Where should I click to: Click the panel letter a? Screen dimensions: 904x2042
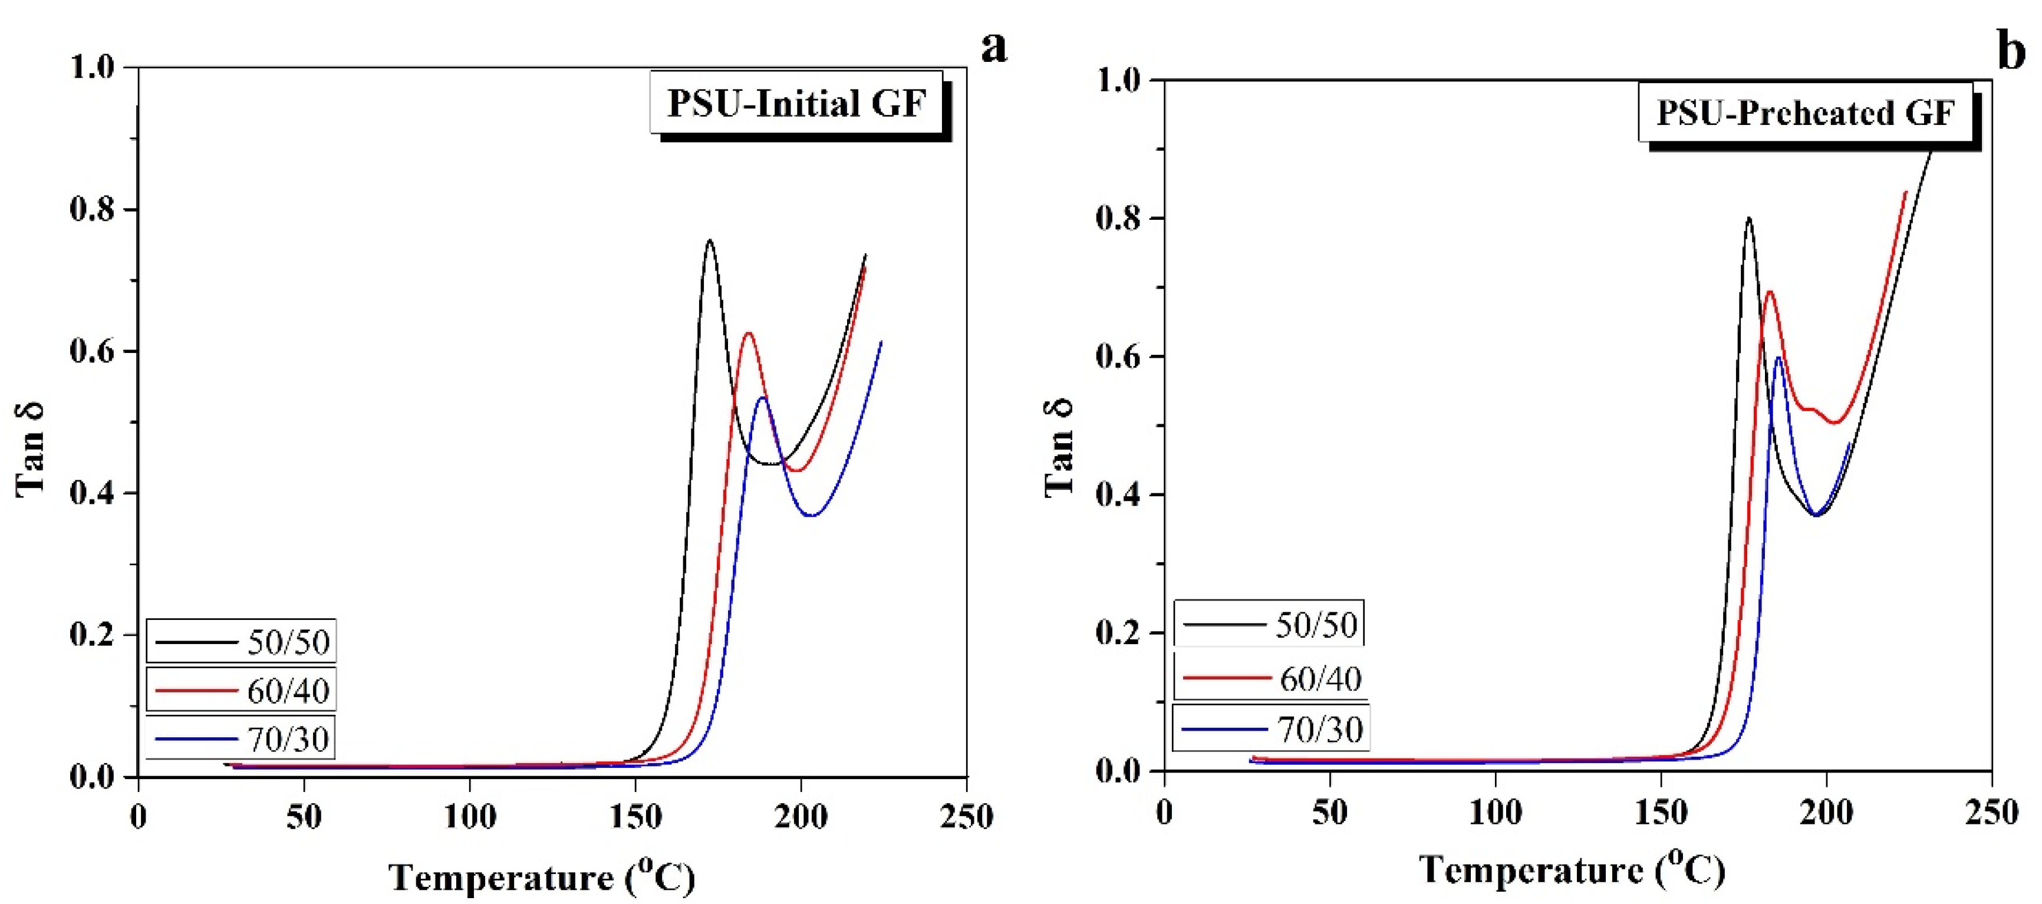[x=993, y=48]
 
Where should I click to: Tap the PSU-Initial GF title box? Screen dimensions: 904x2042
[x=796, y=104]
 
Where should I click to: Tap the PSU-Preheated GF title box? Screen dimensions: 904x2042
[x=1805, y=113]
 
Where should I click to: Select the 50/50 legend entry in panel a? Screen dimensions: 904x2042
[x=241, y=642]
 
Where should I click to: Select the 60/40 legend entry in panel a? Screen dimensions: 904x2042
[x=241, y=691]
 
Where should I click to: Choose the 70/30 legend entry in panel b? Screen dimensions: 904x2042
[x=1271, y=728]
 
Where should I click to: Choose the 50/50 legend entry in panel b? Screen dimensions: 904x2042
[x=1269, y=624]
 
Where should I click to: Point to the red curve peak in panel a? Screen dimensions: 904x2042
[x=747, y=333]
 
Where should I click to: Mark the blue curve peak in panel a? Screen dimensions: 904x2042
[x=763, y=397]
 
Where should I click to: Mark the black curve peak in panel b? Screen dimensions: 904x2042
[x=1748, y=218]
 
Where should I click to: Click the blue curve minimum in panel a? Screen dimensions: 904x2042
[x=810, y=516]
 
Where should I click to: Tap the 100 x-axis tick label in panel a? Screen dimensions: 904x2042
[x=469, y=816]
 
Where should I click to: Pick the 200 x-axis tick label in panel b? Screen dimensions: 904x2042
[x=1826, y=812]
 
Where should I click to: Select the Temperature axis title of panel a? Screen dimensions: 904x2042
[x=541, y=876]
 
